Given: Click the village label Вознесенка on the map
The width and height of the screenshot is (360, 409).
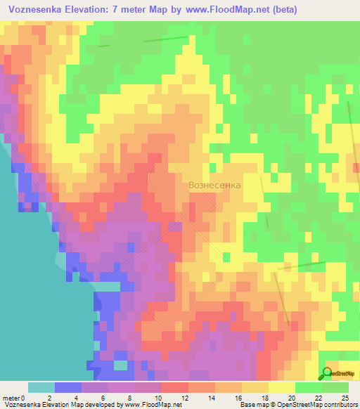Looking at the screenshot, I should (x=214, y=185).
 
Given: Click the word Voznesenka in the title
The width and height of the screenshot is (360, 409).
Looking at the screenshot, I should (x=33, y=10).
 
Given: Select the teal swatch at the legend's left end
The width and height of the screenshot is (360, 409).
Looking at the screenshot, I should (x=41, y=387).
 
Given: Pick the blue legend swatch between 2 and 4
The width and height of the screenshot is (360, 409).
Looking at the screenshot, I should (x=68, y=387).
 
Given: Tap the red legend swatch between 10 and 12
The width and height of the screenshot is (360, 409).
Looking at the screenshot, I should (x=175, y=387).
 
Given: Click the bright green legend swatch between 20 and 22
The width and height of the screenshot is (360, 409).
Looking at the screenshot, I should (x=309, y=387).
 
